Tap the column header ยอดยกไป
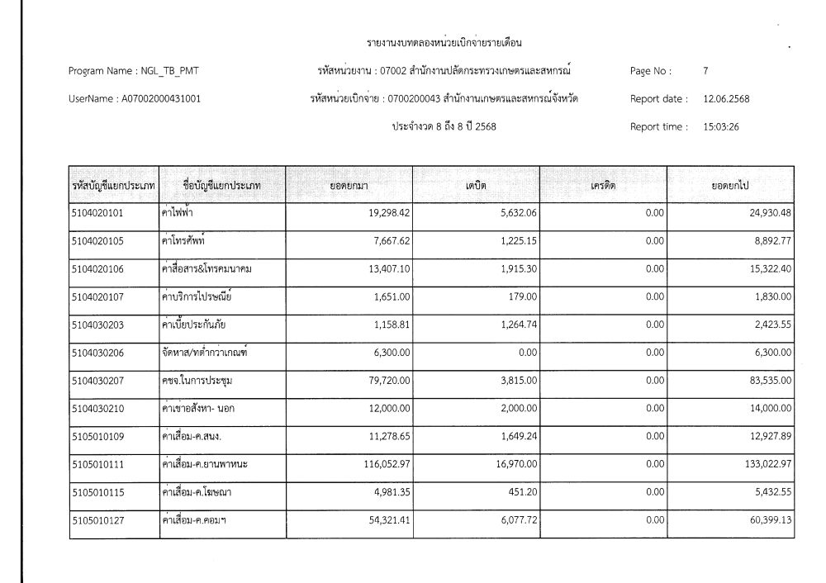[x=730, y=186]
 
